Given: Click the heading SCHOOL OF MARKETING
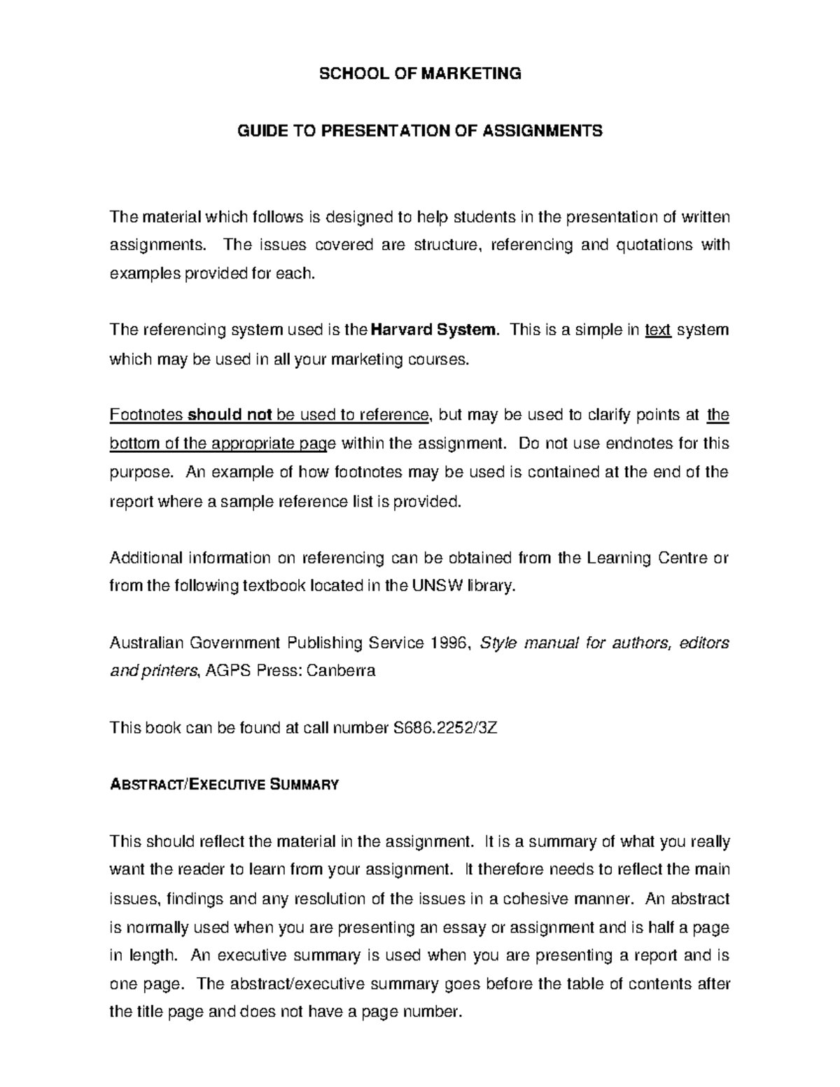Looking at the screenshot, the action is (420, 73).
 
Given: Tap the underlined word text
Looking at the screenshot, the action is (658, 330).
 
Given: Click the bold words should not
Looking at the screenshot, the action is (230, 415).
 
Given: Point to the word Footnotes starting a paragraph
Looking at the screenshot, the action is (146, 415).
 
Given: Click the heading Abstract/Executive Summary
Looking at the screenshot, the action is (224, 785).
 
